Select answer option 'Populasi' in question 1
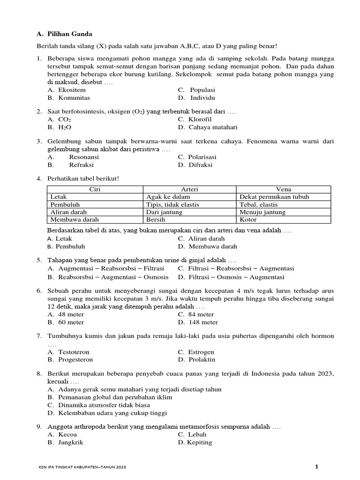(x=202, y=90)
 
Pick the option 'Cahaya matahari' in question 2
(x=213, y=127)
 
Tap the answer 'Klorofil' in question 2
(x=201, y=120)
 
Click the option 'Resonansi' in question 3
(x=84, y=157)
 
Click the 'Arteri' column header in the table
(x=189, y=189)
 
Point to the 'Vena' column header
(x=284, y=189)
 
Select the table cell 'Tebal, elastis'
(x=259, y=204)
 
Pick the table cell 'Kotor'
(x=248, y=219)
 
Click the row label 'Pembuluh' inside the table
(x=65, y=204)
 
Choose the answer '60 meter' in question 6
(x=71, y=322)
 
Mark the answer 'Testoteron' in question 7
(x=74, y=352)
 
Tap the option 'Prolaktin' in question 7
(x=202, y=360)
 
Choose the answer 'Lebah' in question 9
(x=198, y=434)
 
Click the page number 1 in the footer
(x=316, y=466)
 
